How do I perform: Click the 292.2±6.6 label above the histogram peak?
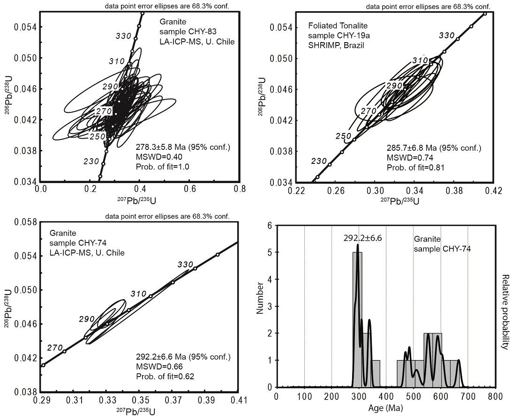pyautogui.click(x=362, y=238)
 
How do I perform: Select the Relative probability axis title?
pyautogui.click(x=505, y=312)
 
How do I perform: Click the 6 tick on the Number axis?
pyautogui.click(x=269, y=225)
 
